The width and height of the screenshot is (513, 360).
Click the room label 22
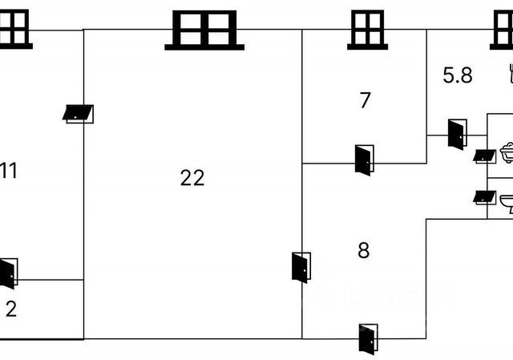click(192, 178)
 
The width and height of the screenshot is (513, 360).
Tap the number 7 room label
click(365, 101)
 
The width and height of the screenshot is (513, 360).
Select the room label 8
click(363, 251)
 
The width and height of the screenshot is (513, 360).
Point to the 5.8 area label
click(458, 76)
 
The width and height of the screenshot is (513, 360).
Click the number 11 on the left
click(10, 170)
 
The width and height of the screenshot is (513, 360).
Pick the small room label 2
click(10, 309)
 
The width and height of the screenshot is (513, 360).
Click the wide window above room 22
click(204, 30)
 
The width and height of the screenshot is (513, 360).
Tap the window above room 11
click(13, 30)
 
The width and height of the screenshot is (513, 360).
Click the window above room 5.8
click(503, 30)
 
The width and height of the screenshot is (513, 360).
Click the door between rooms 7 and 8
click(363, 160)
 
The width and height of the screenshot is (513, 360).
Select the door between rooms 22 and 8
click(301, 267)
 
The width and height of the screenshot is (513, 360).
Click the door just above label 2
click(8, 273)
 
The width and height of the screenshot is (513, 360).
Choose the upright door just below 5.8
click(457, 133)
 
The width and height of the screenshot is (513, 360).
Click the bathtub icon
click(507, 152)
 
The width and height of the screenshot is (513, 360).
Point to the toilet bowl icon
click(507, 202)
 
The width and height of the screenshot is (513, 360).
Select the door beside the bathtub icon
click(484, 156)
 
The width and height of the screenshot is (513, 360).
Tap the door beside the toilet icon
click(483, 196)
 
